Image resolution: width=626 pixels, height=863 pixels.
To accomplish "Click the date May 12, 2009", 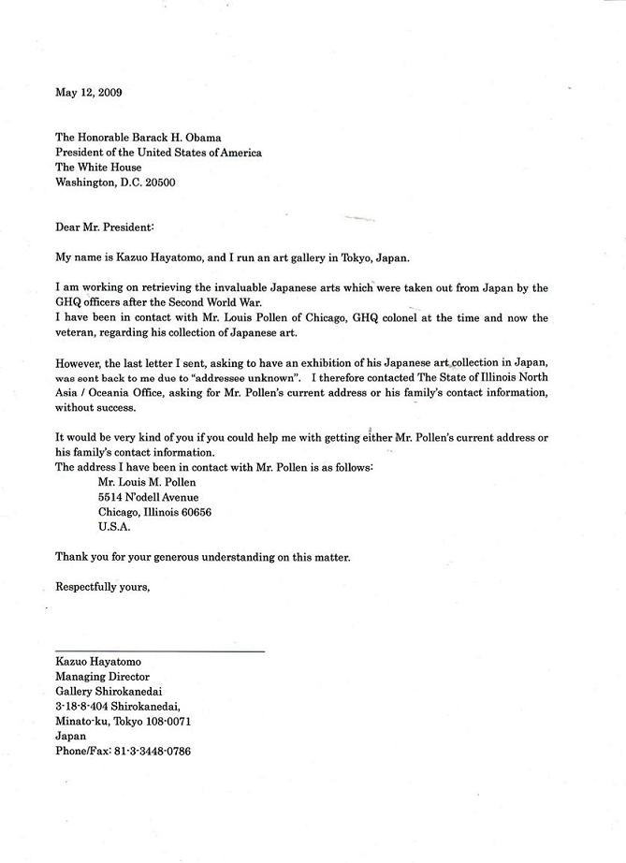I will [89, 92].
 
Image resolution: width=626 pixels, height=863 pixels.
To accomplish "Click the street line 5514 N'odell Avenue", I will [148, 497].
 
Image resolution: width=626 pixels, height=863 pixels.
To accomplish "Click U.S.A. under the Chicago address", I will [114, 527].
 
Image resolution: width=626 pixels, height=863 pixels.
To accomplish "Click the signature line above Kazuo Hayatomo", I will [160, 651].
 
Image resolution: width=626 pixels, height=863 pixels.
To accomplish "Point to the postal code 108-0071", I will [169, 721].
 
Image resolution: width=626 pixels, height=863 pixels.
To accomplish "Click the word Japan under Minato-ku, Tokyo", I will [71, 736].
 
